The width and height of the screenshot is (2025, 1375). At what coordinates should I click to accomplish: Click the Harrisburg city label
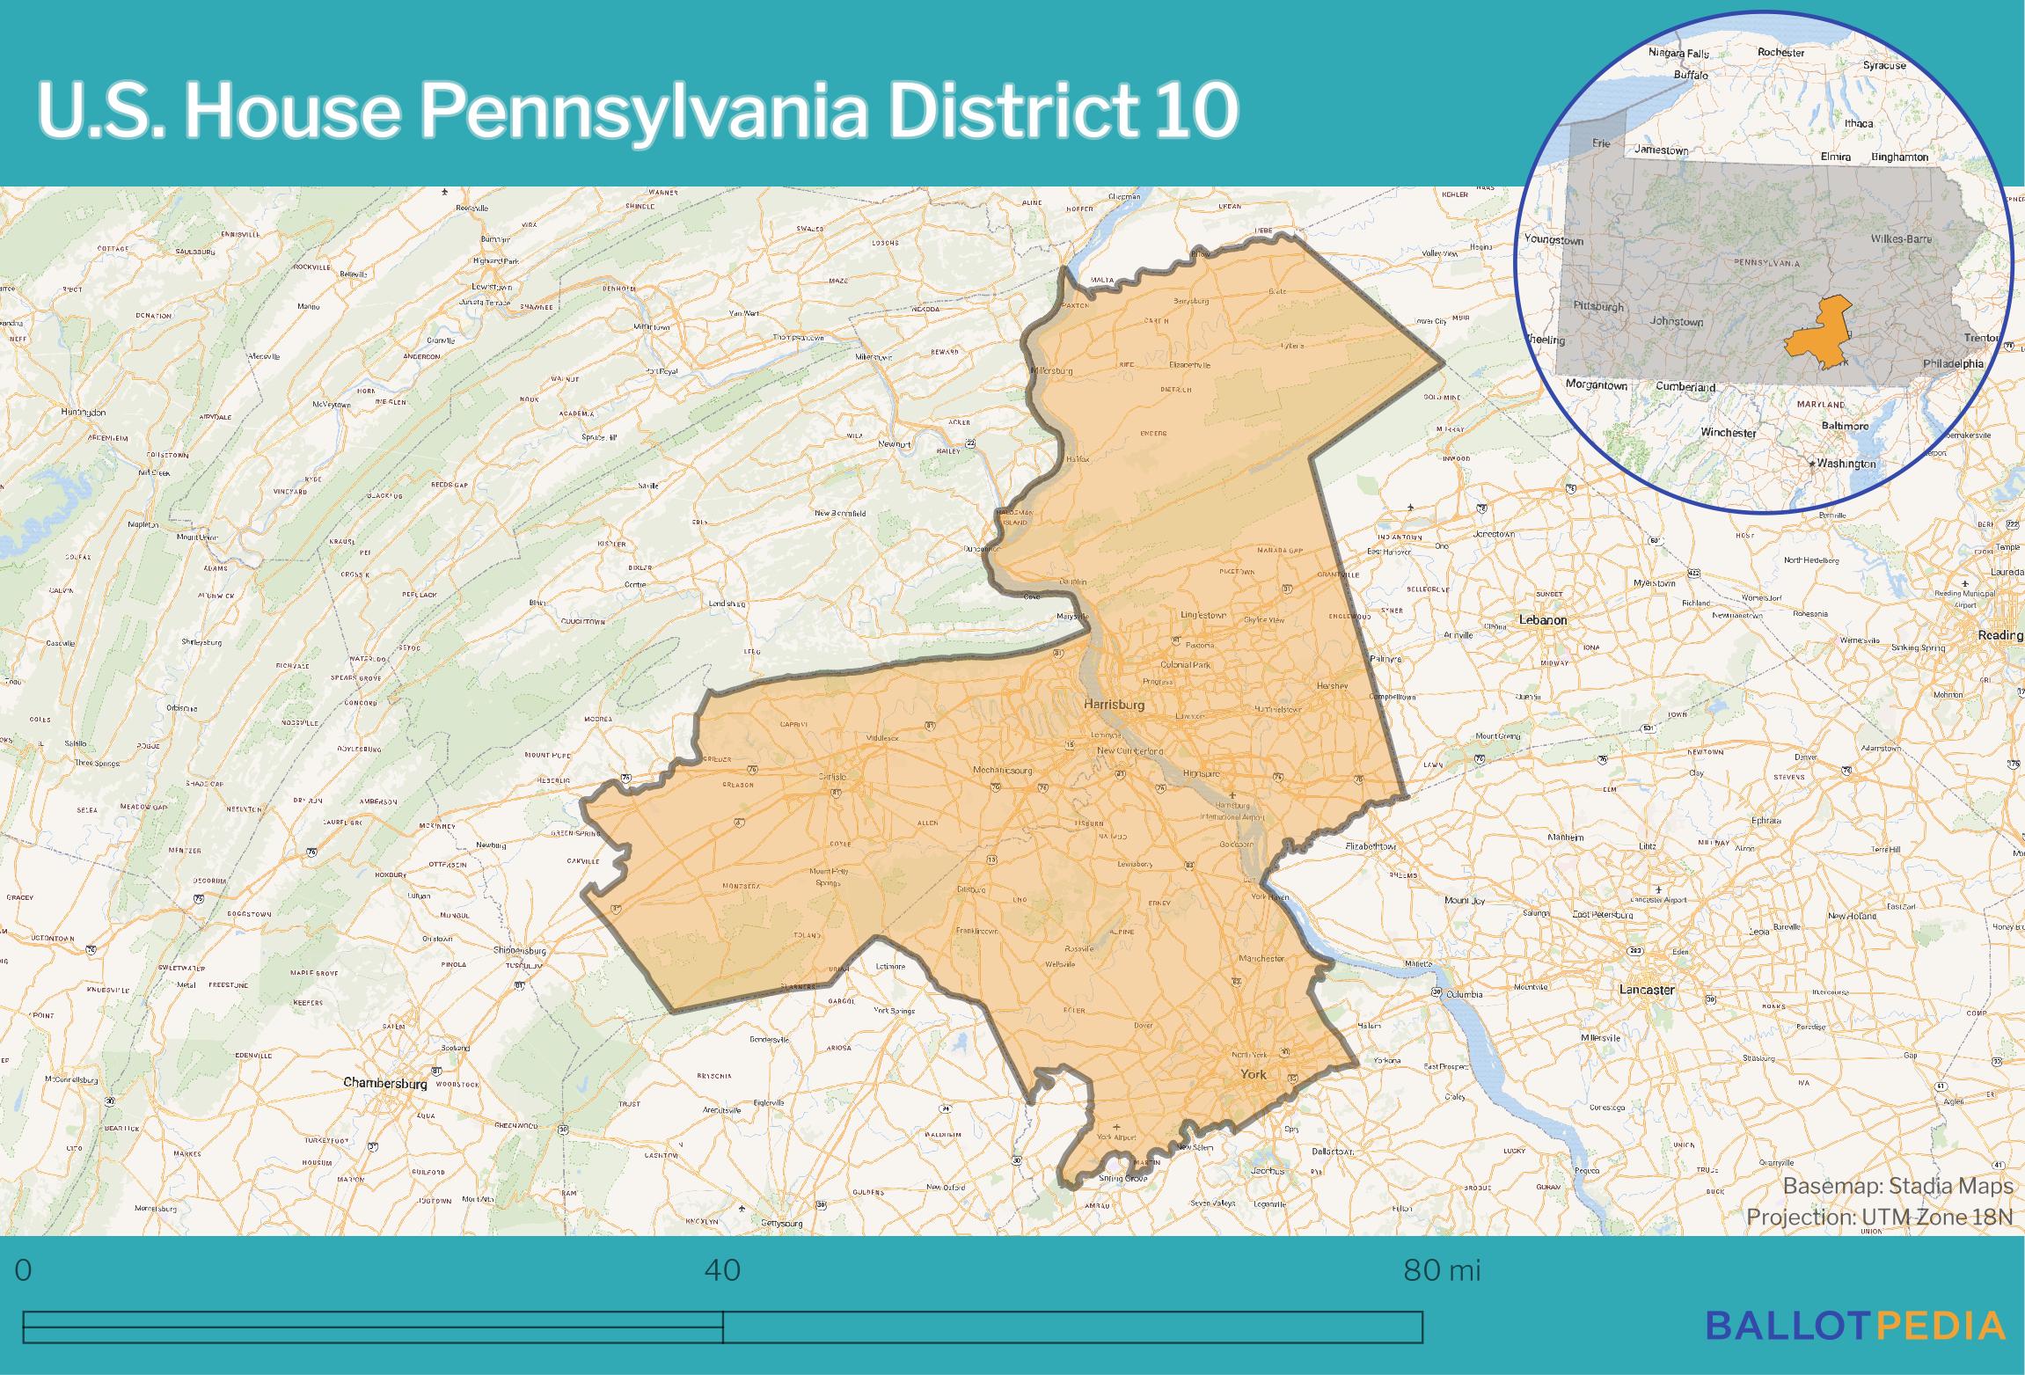pos(1115,705)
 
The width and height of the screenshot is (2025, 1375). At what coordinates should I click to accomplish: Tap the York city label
pos(1253,1074)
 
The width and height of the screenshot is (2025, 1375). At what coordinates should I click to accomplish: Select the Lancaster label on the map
pos(1647,990)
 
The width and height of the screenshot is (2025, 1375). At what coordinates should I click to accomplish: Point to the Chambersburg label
pos(384,1083)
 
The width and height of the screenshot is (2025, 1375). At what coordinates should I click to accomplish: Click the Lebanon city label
pos(1543,619)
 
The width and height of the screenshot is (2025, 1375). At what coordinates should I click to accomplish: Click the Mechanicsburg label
pos(1002,771)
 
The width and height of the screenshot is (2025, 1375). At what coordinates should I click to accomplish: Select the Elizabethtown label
pos(1371,846)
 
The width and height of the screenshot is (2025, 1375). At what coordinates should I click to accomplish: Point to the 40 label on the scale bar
pos(722,1270)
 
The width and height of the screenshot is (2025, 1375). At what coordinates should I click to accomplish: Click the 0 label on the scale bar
pos(24,1270)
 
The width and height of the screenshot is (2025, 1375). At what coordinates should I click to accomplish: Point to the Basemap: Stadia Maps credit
pos(1897,1186)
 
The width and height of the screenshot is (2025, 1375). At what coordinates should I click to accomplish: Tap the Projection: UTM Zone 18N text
pos(1879,1217)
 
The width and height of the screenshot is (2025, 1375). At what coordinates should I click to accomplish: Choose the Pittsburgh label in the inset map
pos(1598,307)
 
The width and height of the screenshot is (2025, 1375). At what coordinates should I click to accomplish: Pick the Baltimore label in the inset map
pos(1844,426)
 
